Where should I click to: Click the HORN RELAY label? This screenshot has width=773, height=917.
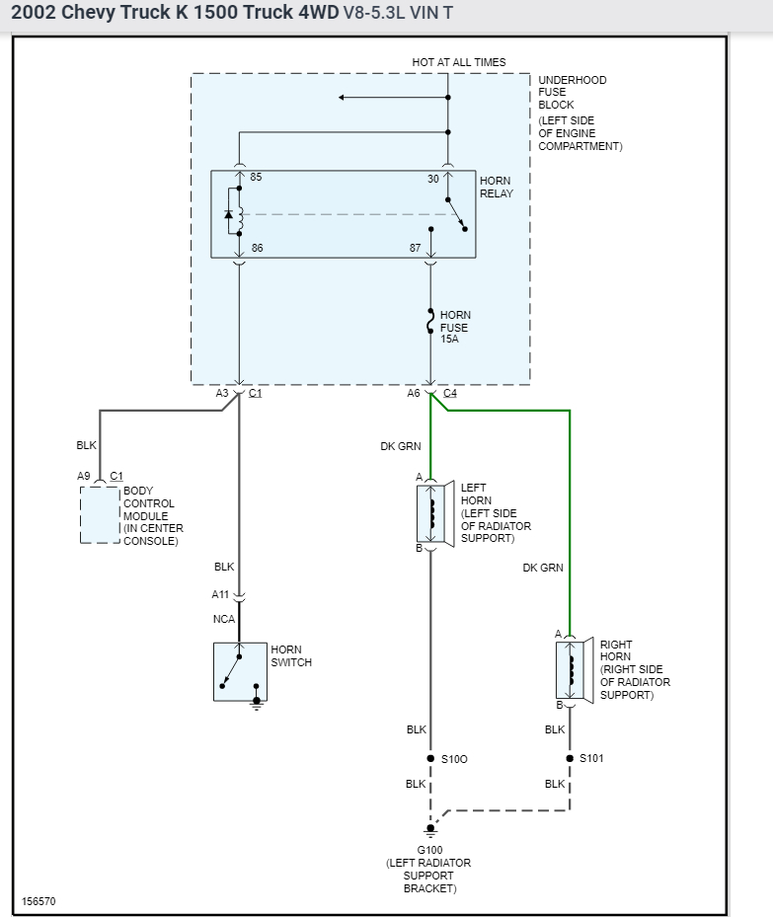coord(496,188)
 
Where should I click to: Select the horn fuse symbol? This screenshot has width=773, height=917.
coord(430,322)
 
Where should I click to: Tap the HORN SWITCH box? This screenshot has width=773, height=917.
coord(240,672)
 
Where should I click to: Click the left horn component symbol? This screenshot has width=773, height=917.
coord(432,512)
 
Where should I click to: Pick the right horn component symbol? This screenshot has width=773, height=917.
coord(572,669)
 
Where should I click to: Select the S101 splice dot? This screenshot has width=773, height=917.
coord(570,758)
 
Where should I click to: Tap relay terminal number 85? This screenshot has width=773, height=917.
coord(256,178)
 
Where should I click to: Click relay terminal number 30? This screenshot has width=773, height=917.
coord(432,178)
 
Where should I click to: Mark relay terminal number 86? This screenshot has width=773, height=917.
coord(257,249)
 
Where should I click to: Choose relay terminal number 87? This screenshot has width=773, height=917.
coord(416,249)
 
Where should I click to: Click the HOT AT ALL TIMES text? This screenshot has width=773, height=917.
coord(458,62)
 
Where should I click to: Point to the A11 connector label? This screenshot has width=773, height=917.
coord(220,594)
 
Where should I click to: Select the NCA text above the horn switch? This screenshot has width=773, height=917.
coord(223,619)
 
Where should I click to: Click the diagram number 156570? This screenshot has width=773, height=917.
coord(39,901)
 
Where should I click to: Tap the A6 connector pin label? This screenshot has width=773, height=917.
coord(414,393)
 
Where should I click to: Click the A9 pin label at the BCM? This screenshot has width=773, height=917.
coord(84,476)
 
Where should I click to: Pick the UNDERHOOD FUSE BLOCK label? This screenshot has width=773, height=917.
coord(572,92)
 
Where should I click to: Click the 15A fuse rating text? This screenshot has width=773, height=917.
coord(449,339)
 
